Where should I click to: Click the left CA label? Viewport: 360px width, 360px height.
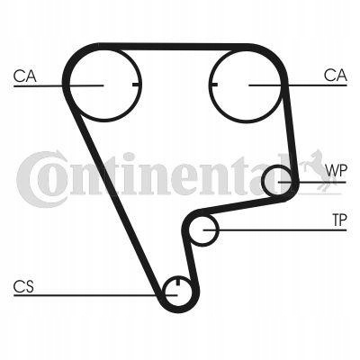click(25, 76)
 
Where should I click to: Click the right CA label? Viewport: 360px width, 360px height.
click(335, 76)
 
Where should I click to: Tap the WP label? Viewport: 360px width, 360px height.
click(337, 170)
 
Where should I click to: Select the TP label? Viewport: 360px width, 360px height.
click(339, 220)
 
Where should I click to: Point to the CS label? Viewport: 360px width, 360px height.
click(23, 286)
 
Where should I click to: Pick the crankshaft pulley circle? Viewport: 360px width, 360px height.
click(178, 306)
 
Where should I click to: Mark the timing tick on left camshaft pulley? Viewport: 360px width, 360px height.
click(136, 85)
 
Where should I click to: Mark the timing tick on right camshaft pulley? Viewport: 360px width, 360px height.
click(213, 85)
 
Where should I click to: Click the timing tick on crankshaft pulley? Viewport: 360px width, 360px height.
click(178, 281)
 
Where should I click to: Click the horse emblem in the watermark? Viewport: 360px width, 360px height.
click(319, 170)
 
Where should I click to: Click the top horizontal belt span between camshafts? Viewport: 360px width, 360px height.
click(174, 47)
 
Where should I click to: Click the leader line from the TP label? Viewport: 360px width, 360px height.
click(275, 230)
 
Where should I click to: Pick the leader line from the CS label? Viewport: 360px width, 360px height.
click(95, 295)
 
